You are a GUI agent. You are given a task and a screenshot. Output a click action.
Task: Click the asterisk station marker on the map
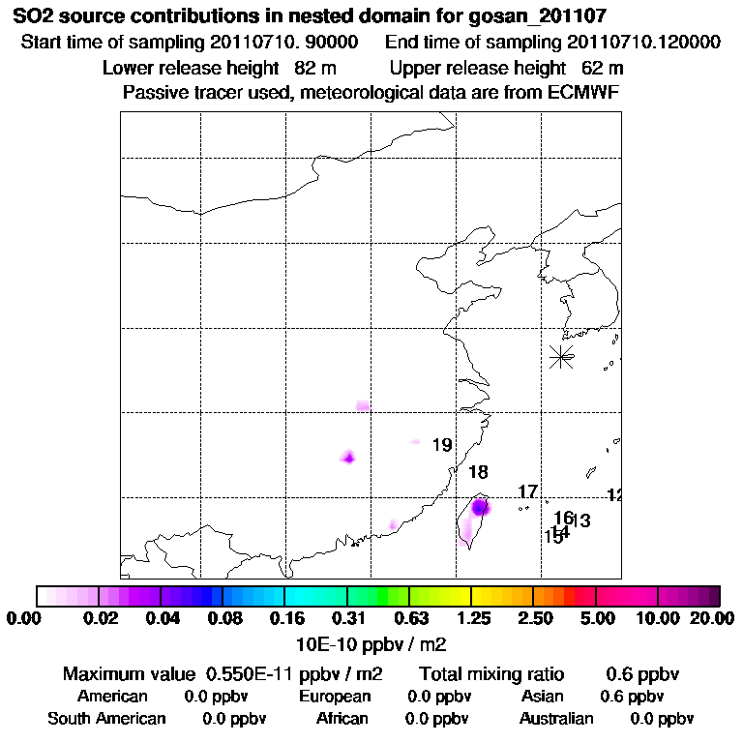pyautogui.click(x=561, y=356)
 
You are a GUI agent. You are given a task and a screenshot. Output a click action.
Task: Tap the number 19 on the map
pyautogui.click(x=442, y=446)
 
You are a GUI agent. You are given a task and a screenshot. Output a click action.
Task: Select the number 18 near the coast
pyautogui.click(x=478, y=473)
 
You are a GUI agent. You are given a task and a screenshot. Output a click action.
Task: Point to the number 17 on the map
pyautogui.click(x=527, y=492)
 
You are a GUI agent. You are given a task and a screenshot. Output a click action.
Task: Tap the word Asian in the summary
pyautogui.click(x=541, y=697)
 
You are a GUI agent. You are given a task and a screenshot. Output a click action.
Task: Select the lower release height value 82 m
pyautogui.click(x=314, y=69)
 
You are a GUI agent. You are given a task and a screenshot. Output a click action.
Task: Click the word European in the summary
pyautogui.click(x=335, y=697)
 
